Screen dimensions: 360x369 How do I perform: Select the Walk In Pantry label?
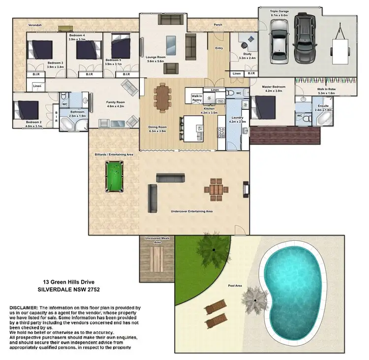tap(197, 98)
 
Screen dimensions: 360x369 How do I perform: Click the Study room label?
tap(245, 56)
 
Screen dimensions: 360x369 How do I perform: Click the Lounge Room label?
tap(156, 57)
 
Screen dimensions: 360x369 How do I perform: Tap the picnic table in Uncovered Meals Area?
tap(157, 257)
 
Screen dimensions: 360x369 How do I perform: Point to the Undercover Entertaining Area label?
tap(191, 211)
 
